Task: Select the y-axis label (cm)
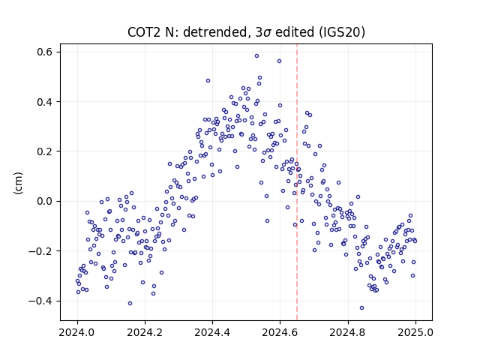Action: pyautogui.click(x=18, y=183)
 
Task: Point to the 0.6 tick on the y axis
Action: pyautogui.click(x=45, y=52)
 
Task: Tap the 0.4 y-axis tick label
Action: pyautogui.click(x=45, y=102)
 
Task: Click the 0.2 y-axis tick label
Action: pyautogui.click(x=45, y=151)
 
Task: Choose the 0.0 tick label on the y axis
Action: pyautogui.click(x=45, y=202)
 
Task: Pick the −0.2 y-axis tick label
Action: pyautogui.click(x=40, y=251)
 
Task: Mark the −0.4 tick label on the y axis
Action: pyautogui.click(x=40, y=301)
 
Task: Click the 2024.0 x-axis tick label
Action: pyautogui.click(x=78, y=332)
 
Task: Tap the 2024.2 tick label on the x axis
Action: pyautogui.click(x=145, y=332)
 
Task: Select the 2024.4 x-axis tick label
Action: pyautogui.click(x=212, y=332)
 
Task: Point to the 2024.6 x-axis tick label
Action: pyautogui.click(x=280, y=332)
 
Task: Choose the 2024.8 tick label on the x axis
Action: pyautogui.click(x=348, y=332)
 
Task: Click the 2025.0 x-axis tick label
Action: pyautogui.click(x=415, y=332)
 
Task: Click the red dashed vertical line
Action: pyautogui.click(x=297, y=181)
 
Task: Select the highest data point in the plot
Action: pyautogui.click(x=256, y=56)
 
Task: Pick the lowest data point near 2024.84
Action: pyautogui.click(x=361, y=308)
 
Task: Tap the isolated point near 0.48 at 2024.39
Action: pyautogui.click(x=208, y=81)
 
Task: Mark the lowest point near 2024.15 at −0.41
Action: pyautogui.click(x=130, y=303)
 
